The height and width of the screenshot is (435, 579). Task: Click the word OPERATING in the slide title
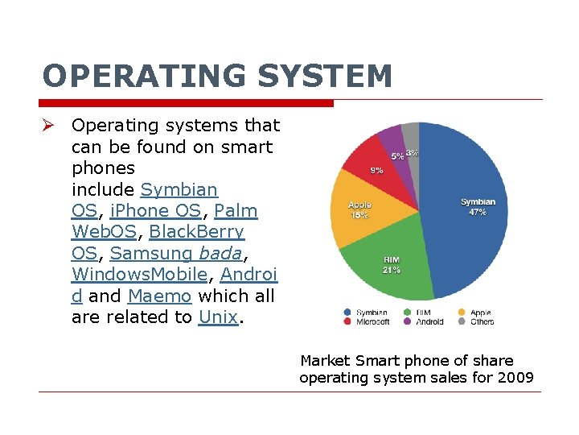coord(142,77)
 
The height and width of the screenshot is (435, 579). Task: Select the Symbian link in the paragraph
coord(179,190)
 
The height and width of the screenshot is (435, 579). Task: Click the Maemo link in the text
coord(159,296)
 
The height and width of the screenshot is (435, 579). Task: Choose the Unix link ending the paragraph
coord(218,317)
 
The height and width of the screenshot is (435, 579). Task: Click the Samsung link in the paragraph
coord(150,254)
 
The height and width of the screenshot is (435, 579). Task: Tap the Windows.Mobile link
coord(140,275)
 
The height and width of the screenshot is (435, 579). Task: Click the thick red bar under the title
coord(186,103)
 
